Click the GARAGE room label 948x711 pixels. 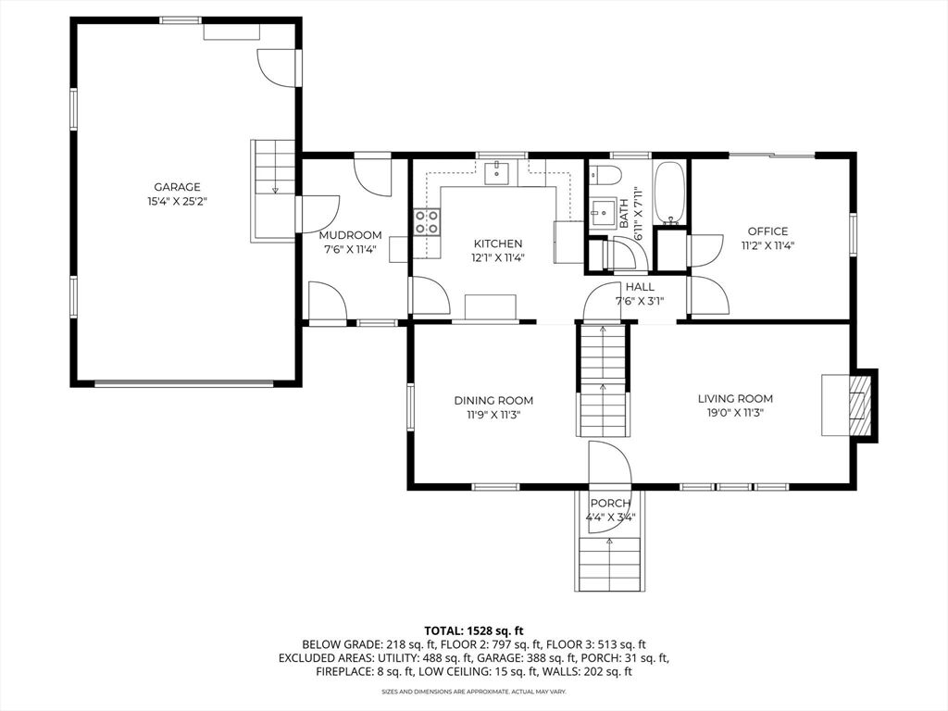coord(177,187)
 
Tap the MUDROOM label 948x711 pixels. coord(350,235)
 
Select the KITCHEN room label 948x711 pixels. coord(497,243)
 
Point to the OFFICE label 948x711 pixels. coord(767,231)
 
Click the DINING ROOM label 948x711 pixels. coord(493,400)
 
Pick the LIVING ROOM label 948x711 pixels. coord(735,398)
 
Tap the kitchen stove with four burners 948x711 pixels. coord(426,221)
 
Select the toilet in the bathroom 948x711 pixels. coord(605,174)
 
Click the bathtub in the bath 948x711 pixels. coord(670,193)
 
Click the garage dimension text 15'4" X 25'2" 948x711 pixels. coord(177,202)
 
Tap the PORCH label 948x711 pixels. coord(610,503)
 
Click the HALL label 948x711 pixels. coord(640,287)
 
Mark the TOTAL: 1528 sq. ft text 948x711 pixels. coord(473,631)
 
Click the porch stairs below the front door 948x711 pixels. coord(609,564)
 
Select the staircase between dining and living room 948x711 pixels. coord(603,380)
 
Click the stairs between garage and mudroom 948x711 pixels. coord(274,190)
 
